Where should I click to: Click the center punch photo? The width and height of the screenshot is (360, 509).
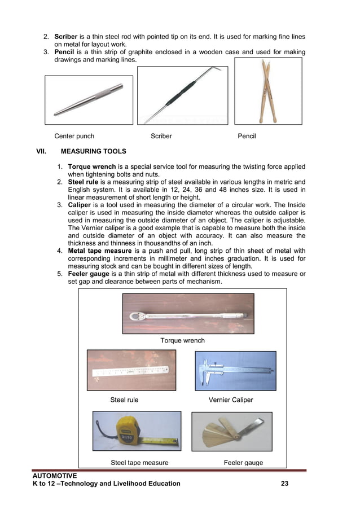tap(89, 100)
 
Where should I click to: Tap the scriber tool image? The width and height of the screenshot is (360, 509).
tap(182, 95)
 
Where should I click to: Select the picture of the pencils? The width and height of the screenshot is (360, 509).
tap(268, 91)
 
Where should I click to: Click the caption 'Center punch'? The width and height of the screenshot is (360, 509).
tap(74, 136)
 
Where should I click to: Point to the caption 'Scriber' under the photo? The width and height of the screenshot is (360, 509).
tap(161, 136)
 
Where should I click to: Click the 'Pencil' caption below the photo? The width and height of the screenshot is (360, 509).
tap(247, 136)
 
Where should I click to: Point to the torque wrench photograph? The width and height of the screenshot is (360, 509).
tap(188, 314)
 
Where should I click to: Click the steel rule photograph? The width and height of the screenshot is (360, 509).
tap(131, 370)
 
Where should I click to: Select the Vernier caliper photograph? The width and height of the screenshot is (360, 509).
tap(235, 371)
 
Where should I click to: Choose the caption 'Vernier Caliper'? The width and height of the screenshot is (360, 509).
tap(231, 400)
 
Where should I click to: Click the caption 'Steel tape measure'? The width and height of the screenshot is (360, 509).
tap(139, 463)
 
